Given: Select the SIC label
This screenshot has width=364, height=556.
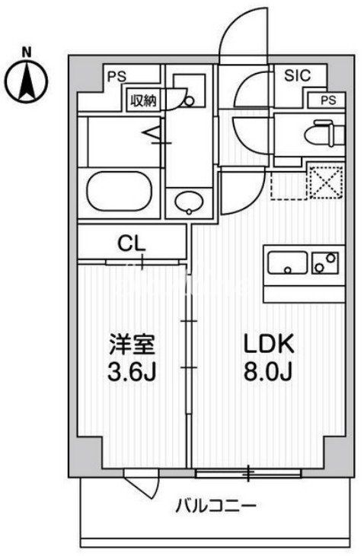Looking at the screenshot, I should pos(297,75).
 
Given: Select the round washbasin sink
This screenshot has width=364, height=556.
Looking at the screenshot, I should pos(187,202).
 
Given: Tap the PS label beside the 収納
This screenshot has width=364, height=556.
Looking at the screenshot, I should pos(116,76).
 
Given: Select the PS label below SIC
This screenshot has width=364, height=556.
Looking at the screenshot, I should pos(326,100).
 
